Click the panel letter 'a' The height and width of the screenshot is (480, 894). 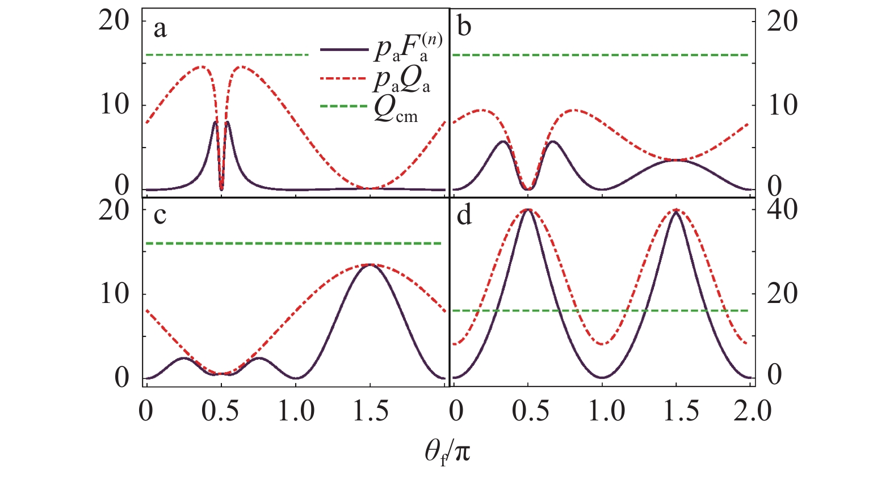pos(160,29)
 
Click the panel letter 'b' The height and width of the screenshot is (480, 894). pos(464,26)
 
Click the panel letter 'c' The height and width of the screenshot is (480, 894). pos(160,216)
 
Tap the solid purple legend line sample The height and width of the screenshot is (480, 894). pos(344,49)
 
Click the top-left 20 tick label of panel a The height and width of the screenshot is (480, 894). pos(114,21)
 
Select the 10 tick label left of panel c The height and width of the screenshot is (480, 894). pos(114,294)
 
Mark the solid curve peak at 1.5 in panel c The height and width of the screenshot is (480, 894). pos(370,264)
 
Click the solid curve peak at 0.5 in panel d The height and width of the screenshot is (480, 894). pos(528,210)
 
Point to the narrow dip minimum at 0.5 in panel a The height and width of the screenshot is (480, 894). pos(221,189)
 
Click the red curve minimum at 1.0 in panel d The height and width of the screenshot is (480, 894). pos(603,344)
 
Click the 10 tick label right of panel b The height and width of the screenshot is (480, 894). pos(782,105)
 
